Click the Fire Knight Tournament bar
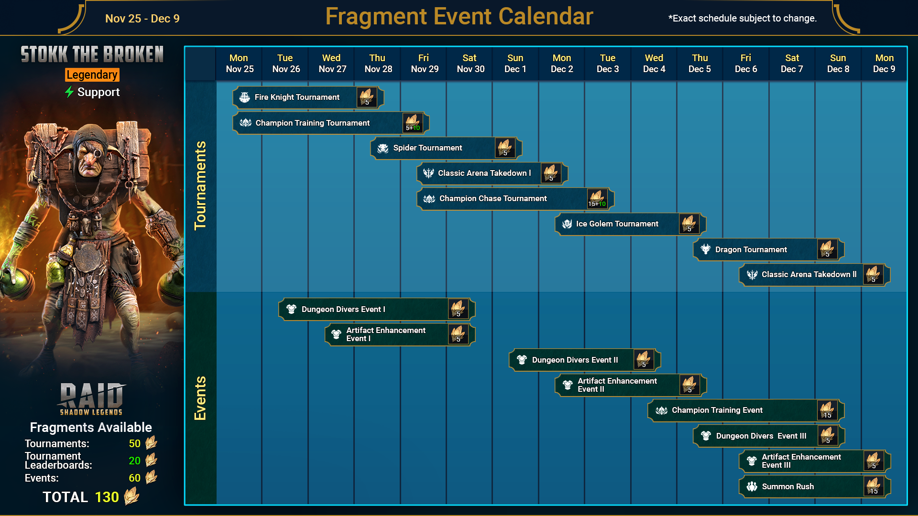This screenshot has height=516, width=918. click(308, 97)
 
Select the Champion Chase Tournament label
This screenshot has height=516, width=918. click(493, 199)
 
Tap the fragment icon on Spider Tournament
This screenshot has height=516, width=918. click(505, 148)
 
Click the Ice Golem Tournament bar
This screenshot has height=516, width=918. click(630, 224)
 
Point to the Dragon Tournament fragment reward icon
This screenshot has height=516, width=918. click(827, 249)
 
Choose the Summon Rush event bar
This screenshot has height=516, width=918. click(814, 487)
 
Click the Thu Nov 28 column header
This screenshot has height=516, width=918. click(378, 64)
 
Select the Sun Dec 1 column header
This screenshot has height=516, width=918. click(515, 64)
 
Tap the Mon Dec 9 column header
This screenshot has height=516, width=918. click(884, 64)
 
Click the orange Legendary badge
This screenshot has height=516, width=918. click(92, 75)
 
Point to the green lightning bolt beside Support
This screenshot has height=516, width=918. click(69, 92)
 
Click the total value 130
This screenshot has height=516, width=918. click(107, 497)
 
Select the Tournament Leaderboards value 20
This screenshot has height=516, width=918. click(135, 461)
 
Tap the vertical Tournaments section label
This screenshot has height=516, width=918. click(200, 185)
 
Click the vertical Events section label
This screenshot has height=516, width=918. click(200, 398)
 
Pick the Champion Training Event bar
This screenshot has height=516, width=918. click(746, 410)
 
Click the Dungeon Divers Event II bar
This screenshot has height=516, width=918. click(585, 360)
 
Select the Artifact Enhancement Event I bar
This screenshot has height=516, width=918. click(400, 335)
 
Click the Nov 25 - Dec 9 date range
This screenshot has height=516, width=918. click(142, 19)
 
